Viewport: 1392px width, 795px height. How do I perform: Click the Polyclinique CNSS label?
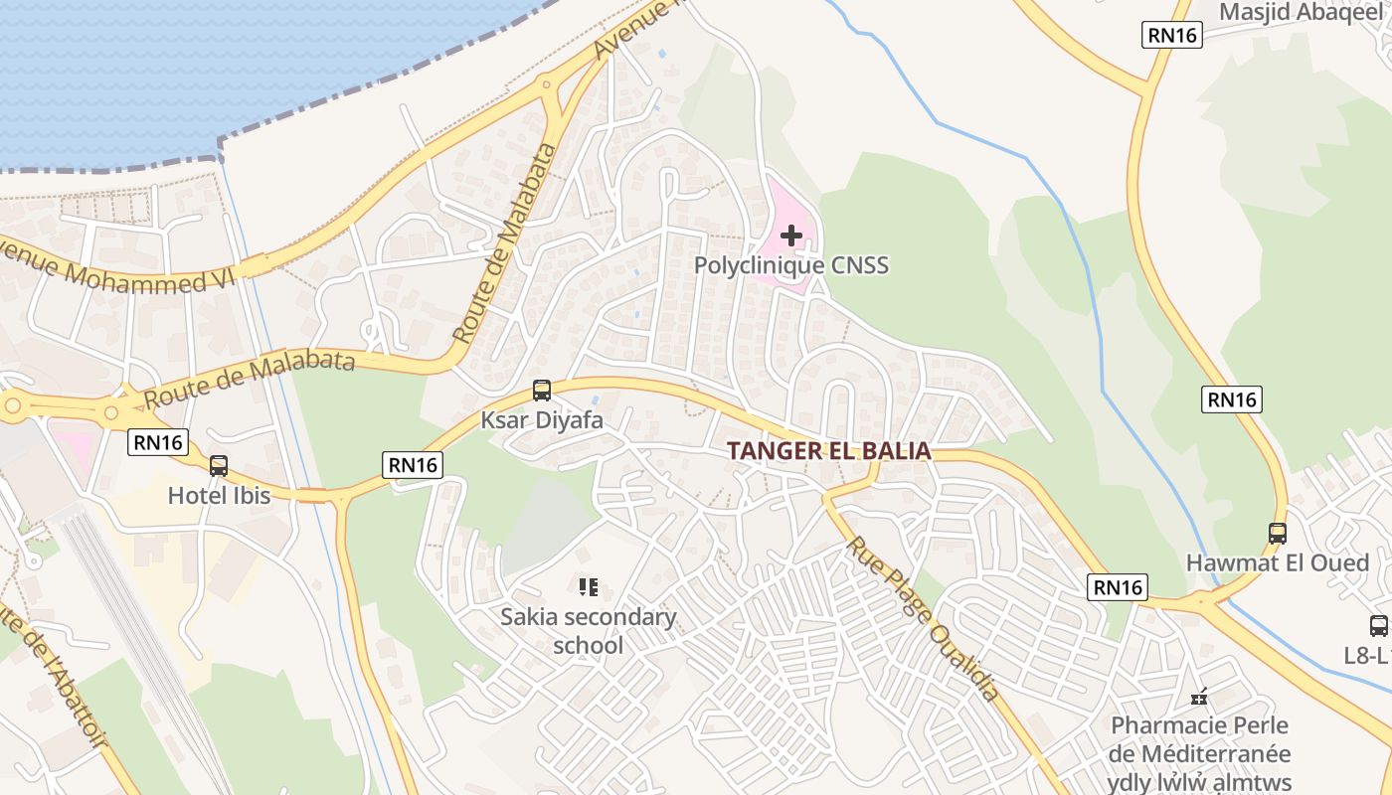[790, 265]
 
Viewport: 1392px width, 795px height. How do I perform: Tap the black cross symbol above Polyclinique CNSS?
[791, 236]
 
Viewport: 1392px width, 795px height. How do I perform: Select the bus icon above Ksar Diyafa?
[542, 391]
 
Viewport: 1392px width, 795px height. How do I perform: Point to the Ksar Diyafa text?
[542, 420]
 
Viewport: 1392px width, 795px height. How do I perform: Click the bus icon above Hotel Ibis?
[219, 465]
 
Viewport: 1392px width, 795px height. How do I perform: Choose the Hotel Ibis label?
[219, 495]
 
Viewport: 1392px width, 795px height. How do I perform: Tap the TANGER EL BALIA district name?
[828, 451]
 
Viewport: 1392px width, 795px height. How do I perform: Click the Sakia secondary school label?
[588, 631]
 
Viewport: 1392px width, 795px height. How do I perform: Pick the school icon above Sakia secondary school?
[589, 587]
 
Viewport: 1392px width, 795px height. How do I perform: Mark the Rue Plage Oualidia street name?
[922, 618]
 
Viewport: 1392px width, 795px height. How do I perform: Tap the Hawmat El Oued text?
[1277, 562]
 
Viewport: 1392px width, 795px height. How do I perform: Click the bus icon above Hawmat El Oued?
[1278, 534]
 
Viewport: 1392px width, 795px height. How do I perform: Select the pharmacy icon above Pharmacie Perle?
[1199, 697]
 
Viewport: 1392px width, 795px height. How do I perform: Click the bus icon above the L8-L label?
[1378, 626]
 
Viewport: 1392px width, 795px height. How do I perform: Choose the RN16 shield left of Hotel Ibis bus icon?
[158, 442]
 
